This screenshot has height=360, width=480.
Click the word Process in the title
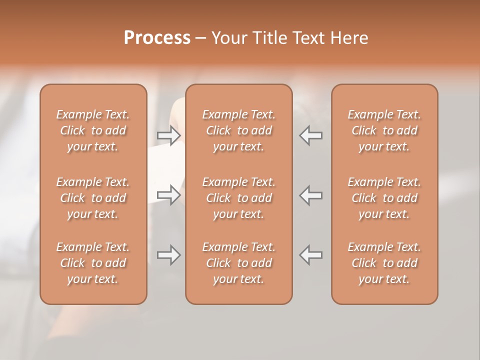(157, 38)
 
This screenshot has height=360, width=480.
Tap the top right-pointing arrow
(169, 135)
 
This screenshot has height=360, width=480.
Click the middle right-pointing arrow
(169, 195)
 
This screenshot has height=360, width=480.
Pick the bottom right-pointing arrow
(169, 255)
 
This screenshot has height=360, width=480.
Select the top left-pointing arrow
(310, 135)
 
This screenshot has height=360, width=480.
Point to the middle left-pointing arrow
(310, 195)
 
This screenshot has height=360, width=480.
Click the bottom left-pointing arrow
(310, 255)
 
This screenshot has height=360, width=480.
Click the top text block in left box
(93, 130)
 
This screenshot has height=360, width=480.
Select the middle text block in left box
(93, 198)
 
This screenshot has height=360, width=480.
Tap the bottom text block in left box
(93, 263)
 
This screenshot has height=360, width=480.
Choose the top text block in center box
(238, 130)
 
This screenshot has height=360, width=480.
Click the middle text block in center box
(238, 198)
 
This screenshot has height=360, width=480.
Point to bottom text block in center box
(238, 263)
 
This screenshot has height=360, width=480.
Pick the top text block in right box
(384, 130)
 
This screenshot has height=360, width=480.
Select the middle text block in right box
(384, 198)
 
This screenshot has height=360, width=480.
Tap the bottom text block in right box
(384, 263)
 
